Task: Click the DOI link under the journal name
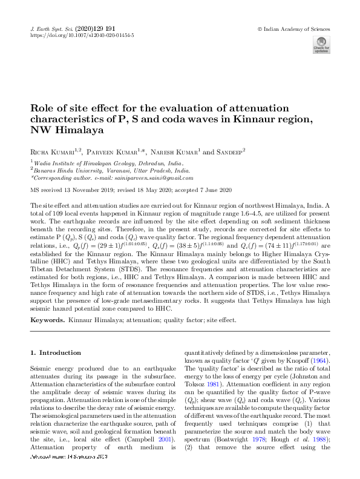tap(82, 36)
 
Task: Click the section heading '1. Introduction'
tap(56, 352)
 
